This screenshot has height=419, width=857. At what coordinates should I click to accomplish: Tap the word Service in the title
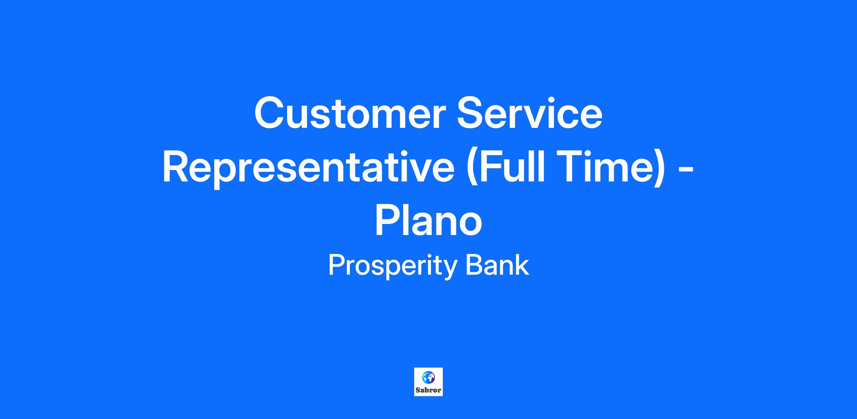tap(530, 113)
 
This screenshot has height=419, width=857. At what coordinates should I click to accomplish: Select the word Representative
tap(309, 167)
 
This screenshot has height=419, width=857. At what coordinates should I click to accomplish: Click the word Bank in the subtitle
tap(497, 265)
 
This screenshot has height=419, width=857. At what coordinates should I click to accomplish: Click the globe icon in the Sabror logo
tap(428, 377)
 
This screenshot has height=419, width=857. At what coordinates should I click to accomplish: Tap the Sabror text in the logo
tap(428, 390)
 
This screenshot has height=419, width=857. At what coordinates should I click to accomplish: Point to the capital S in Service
tap(472, 113)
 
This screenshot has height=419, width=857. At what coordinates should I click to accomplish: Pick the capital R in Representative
tap(177, 167)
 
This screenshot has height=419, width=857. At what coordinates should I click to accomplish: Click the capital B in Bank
tap(474, 265)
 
